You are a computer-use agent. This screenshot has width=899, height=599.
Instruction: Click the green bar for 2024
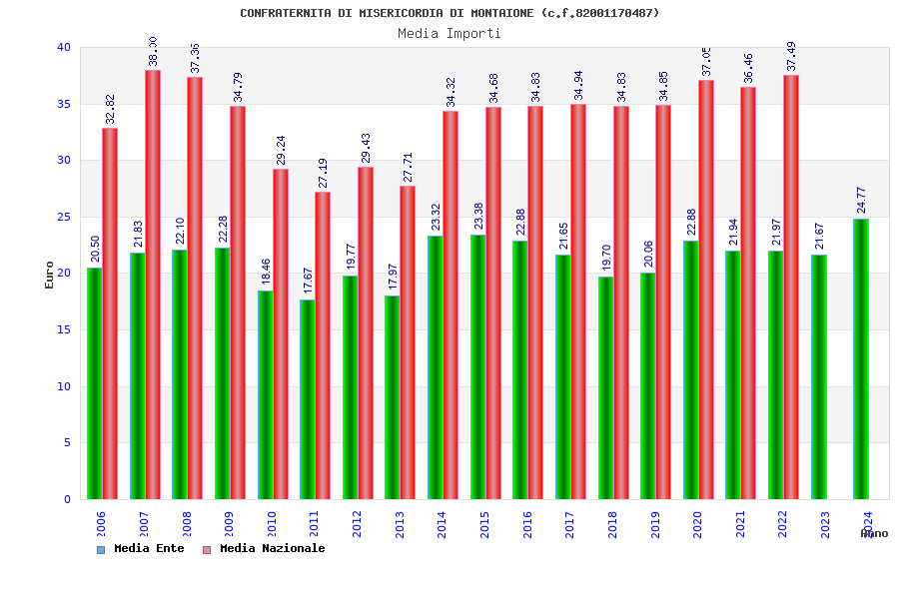tap(861, 359)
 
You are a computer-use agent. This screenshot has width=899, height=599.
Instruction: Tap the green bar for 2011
tap(308, 399)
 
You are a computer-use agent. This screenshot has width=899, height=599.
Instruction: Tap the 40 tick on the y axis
tap(64, 48)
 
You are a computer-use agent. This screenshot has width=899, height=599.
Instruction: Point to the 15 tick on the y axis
tap(64, 330)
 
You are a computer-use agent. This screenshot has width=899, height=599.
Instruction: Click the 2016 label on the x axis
tap(527, 525)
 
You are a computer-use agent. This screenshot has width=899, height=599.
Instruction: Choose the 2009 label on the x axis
tap(230, 525)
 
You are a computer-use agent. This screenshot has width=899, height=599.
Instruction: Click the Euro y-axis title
tap(50, 275)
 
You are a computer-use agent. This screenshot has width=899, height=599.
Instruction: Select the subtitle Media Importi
tap(449, 33)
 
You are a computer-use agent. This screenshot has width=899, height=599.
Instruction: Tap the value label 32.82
tap(111, 109)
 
